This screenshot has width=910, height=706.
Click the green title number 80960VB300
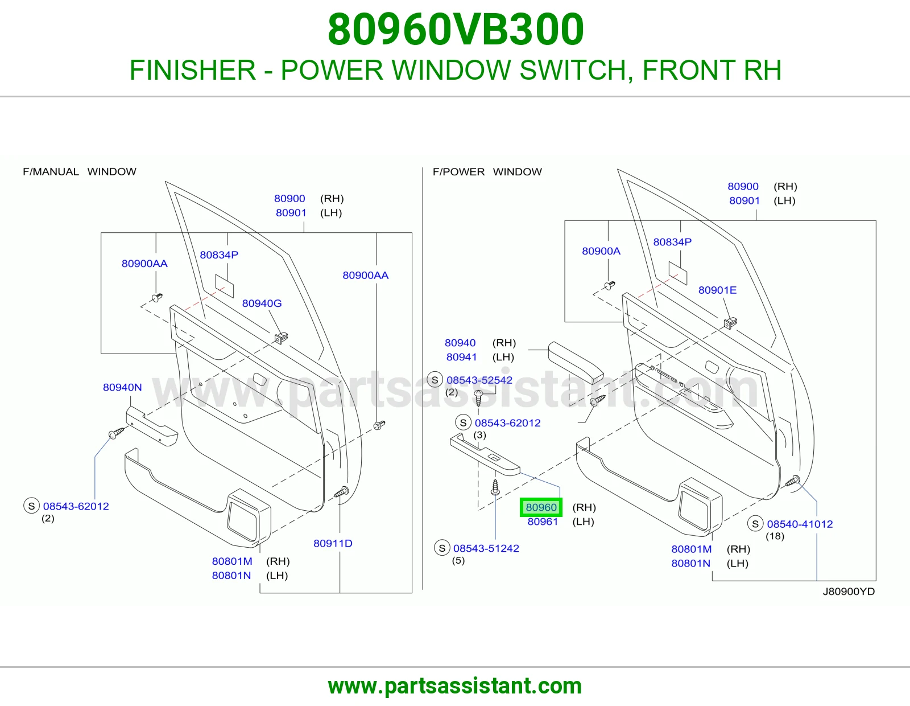click(455, 30)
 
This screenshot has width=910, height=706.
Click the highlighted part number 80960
click(541, 507)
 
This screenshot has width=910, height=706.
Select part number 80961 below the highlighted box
click(543, 522)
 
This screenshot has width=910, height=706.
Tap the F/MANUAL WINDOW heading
click(80, 171)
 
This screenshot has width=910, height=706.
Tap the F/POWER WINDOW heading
click(487, 171)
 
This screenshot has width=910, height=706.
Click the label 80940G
click(262, 303)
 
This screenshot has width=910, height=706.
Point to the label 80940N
click(122, 387)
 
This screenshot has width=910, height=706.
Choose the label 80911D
click(333, 543)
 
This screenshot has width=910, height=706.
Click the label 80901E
click(717, 290)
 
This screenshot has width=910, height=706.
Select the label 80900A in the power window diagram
click(601, 251)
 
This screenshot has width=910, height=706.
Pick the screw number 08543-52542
click(479, 380)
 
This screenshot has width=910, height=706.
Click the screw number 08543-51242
click(486, 548)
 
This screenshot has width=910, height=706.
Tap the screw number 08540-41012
click(800, 524)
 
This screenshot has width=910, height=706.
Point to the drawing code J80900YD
click(849, 591)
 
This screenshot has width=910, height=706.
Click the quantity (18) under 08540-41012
click(775, 536)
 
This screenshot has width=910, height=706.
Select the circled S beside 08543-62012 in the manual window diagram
click(31, 506)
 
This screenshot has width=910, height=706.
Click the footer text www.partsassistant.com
click(455, 686)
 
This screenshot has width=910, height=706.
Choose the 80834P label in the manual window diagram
click(219, 255)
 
